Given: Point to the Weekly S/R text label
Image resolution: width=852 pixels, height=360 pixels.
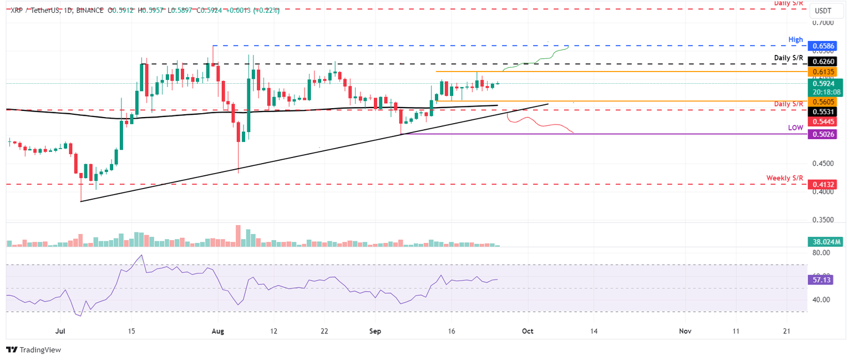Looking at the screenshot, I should coord(784,178).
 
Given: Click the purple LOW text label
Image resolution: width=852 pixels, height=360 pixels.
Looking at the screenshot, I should coord(795,128).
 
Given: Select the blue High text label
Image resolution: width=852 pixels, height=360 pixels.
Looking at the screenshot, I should coord(796,39).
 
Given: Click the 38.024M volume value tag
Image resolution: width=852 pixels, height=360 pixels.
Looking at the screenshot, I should coord(826,242).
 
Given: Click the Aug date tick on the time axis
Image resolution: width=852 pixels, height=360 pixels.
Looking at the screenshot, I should coord(218,331).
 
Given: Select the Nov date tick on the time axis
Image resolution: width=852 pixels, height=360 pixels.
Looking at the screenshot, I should coord(686,331).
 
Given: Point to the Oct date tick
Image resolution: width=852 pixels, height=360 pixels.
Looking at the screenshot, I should coord(528,331).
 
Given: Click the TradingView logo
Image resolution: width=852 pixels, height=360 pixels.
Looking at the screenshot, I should coord(33,350).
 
